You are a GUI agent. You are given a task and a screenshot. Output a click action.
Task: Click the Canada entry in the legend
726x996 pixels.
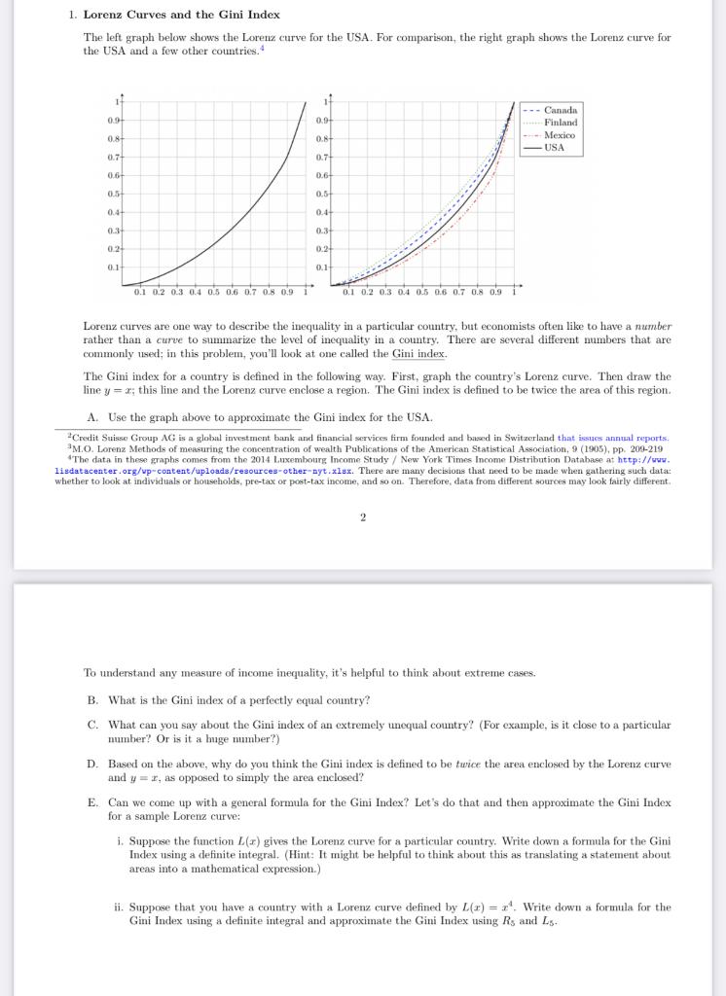560,110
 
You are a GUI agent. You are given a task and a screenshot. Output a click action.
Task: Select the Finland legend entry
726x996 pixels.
560,123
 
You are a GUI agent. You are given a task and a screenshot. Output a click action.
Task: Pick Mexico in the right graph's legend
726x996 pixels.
560,135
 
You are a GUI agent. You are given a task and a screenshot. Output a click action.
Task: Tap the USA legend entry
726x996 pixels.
554,148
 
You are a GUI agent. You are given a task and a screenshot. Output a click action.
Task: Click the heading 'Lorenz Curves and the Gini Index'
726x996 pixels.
181,15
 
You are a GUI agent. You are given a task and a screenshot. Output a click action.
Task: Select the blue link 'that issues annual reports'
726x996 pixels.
612,439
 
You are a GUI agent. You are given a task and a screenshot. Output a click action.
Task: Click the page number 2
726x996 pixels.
362,516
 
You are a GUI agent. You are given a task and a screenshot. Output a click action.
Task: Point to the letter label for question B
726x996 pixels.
91,700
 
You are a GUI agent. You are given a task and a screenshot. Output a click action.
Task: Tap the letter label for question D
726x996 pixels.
91,765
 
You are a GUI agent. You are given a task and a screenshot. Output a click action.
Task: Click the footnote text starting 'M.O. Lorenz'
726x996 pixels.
360,448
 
